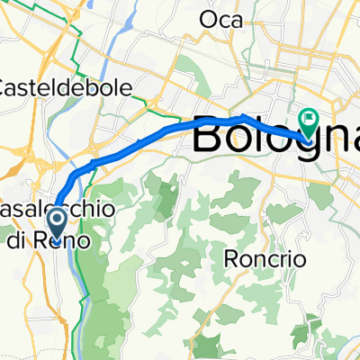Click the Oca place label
coord(221,20)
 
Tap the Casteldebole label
coord(67,87)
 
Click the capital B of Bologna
coord(210,137)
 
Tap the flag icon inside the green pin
coord(309,116)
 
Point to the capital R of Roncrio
coord(229,258)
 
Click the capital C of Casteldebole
coord(6,87)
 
